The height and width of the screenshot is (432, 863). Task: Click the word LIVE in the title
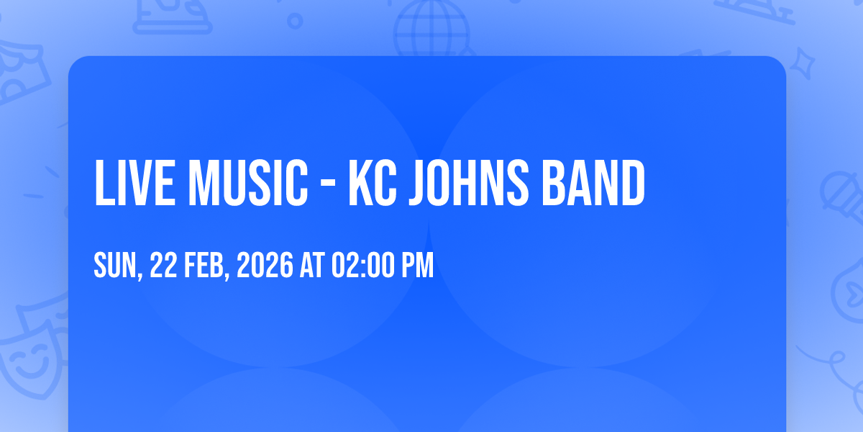pos(135,182)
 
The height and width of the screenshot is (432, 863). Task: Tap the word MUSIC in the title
pos(248,182)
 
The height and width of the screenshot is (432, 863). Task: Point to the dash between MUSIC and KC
pos(328,185)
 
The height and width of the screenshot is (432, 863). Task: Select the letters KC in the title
pos(373,182)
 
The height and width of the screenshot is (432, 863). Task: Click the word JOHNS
pos(469,182)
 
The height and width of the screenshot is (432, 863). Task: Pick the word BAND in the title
pos(593,182)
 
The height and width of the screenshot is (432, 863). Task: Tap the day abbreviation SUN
pos(116,265)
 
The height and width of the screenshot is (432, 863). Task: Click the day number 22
pos(163,265)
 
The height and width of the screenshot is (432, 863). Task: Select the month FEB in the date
pos(204,265)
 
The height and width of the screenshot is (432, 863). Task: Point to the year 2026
pos(265,265)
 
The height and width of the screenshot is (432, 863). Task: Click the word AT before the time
pos(312,265)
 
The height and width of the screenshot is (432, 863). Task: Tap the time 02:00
pos(363,265)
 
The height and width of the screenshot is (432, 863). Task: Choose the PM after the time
pos(418,265)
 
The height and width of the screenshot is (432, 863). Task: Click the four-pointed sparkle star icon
pos(803,63)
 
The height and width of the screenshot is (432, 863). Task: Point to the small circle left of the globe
pos(295,21)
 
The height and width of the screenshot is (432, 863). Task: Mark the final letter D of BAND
pos(633,182)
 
